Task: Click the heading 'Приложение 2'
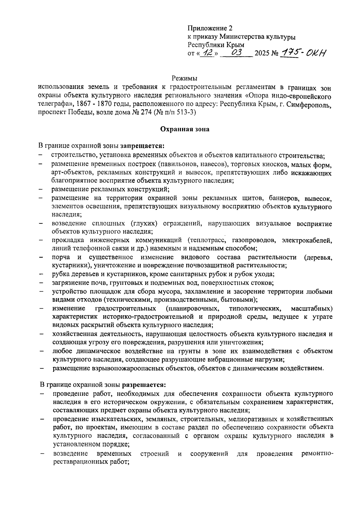[210, 29]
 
